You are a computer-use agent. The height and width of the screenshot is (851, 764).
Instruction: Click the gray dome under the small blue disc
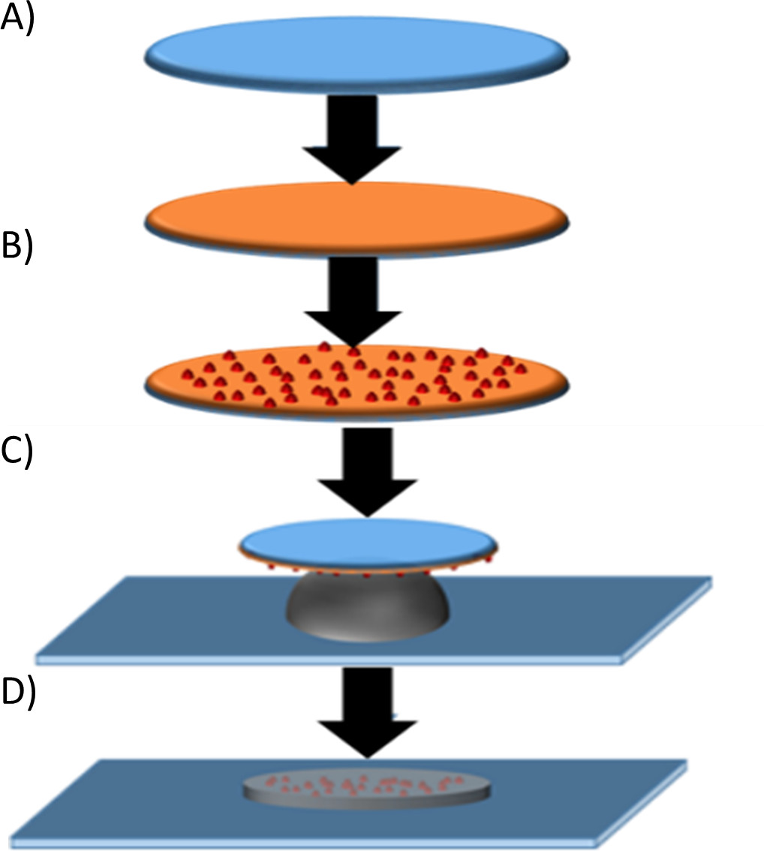click(367, 608)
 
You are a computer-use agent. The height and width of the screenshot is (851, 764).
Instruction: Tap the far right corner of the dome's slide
click(708, 579)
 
